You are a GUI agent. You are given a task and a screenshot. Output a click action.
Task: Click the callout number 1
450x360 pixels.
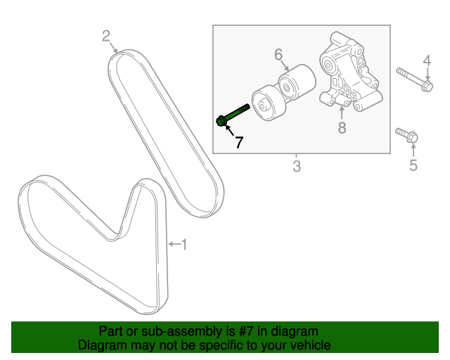click(184, 245)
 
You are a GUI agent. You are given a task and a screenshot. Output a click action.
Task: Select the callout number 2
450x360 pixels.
click(106, 36)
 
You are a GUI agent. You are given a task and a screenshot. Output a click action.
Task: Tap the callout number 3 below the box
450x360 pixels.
click(296, 167)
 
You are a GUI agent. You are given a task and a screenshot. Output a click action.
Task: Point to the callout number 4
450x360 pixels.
click(426, 62)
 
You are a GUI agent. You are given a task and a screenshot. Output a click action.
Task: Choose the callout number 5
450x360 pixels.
click(413, 165)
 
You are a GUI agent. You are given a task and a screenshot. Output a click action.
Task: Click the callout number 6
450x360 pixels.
click(278, 54)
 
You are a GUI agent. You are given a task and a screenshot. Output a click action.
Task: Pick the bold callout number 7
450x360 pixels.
click(239, 142)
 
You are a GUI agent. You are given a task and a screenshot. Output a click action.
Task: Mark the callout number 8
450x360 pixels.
click(342, 128)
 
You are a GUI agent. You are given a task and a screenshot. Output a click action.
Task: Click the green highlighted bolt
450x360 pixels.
click(233, 115)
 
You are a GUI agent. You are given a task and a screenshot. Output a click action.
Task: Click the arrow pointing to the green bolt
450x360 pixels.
click(228, 129)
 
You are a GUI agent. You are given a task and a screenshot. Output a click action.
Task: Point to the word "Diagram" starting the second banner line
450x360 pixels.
click(101, 345)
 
